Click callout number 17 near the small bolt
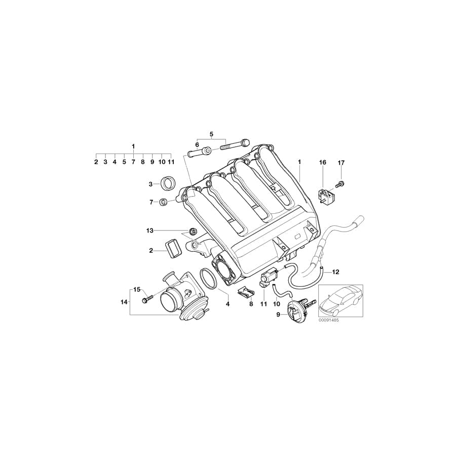click(x=341, y=163)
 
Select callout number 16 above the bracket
click(x=323, y=163)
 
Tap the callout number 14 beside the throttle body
click(x=124, y=302)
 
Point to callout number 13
click(x=149, y=231)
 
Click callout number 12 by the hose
click(x=335, y=272)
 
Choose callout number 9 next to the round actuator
click(x=278, y=314)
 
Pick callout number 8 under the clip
click(x=250, y=304)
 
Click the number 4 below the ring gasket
click(x=228, y=304)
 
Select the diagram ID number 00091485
click(x=329, y=320)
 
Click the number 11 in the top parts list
click(x=171, y=162)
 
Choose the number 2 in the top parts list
click(x=96, y=162)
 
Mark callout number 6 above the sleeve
click(x=197, y=145)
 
